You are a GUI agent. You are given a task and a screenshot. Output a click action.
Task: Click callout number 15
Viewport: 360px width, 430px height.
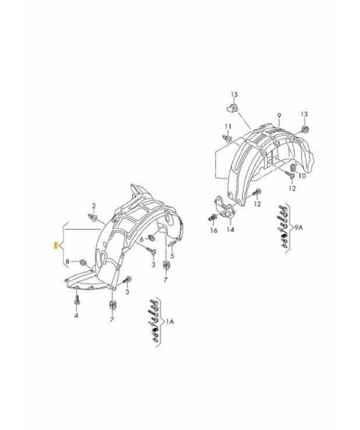[234, 94]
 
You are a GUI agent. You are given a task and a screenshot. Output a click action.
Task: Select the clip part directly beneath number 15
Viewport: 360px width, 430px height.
[232, 107]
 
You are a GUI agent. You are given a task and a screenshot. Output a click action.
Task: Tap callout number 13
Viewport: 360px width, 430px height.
[304, 114]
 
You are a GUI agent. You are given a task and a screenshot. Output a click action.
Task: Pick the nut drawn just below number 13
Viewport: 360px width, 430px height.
[305, 129]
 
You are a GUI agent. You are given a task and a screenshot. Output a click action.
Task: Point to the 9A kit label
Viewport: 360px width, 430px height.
[298, 227]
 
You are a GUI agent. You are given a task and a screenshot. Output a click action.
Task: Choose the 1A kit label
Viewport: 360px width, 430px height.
[170, 322]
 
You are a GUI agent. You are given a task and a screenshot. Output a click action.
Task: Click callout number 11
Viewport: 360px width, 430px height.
[228, 126]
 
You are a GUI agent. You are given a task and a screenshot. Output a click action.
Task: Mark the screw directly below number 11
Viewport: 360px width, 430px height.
[227, 138]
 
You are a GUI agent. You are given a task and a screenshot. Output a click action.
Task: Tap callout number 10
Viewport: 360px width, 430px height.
[302, 175]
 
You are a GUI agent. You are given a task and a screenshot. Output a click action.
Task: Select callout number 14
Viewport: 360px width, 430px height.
[231, 229]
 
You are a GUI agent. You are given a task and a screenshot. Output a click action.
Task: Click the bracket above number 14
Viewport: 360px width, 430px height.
[224, 206]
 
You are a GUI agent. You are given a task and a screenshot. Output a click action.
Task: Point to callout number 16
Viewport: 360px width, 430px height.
[214, 230]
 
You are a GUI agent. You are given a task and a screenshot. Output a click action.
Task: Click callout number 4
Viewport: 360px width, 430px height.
[76, 316]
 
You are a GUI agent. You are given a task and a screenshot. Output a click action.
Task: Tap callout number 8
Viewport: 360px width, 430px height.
[68, 262]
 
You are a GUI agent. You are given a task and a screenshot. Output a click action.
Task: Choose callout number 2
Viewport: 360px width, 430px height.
[94, 206]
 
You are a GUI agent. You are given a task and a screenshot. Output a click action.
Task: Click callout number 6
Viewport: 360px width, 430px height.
[142, 239]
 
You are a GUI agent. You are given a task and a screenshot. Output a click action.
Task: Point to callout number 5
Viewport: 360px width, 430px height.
[172, 256]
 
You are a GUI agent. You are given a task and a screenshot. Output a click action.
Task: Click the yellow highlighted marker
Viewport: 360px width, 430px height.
[56, 245]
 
